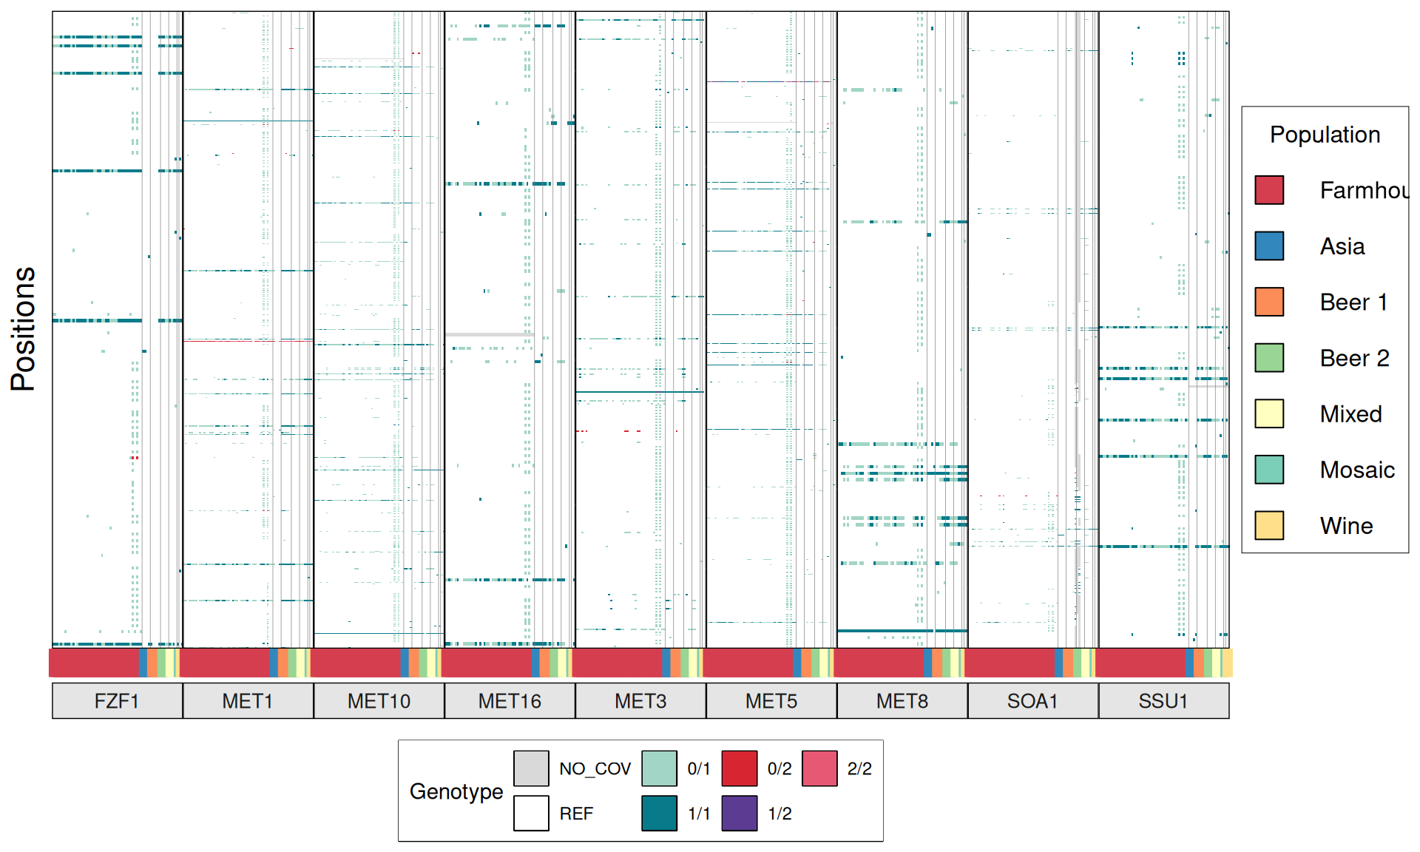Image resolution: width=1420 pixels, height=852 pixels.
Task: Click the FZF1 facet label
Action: (117, 700)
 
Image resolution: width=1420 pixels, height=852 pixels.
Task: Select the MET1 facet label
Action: (248, 700)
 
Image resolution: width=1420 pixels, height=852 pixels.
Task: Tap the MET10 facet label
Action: (379, 700)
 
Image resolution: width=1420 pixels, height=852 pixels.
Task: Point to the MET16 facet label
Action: (510, 700)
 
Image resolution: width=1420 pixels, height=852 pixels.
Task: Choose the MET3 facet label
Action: (640, 700)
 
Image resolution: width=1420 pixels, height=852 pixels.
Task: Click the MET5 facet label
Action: (771, 700)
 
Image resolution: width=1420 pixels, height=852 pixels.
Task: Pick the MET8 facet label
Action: (902, 700)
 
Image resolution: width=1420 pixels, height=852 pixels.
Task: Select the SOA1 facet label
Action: (1033, 700)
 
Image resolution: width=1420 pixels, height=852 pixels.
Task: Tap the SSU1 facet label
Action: (1163, 700)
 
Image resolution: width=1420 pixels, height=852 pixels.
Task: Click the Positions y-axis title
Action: (23, 329)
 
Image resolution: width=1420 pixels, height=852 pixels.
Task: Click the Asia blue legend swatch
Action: (1269, 246)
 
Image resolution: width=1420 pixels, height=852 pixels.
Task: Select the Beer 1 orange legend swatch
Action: (1269, 302)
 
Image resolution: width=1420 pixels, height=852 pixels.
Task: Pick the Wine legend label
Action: (1346, 526)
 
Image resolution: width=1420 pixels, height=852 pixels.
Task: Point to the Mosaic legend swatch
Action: (1269, 470)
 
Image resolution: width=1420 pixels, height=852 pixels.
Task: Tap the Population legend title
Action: (1325, 135)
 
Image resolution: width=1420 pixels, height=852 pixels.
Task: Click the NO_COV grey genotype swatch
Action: (531, 768)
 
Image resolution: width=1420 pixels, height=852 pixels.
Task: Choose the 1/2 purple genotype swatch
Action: (740, 813)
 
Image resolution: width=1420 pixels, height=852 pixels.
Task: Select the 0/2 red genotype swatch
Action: (740, 768)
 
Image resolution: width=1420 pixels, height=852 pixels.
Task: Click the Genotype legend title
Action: (456, 791)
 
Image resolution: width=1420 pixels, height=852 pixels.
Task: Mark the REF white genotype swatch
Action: (531, 813)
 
